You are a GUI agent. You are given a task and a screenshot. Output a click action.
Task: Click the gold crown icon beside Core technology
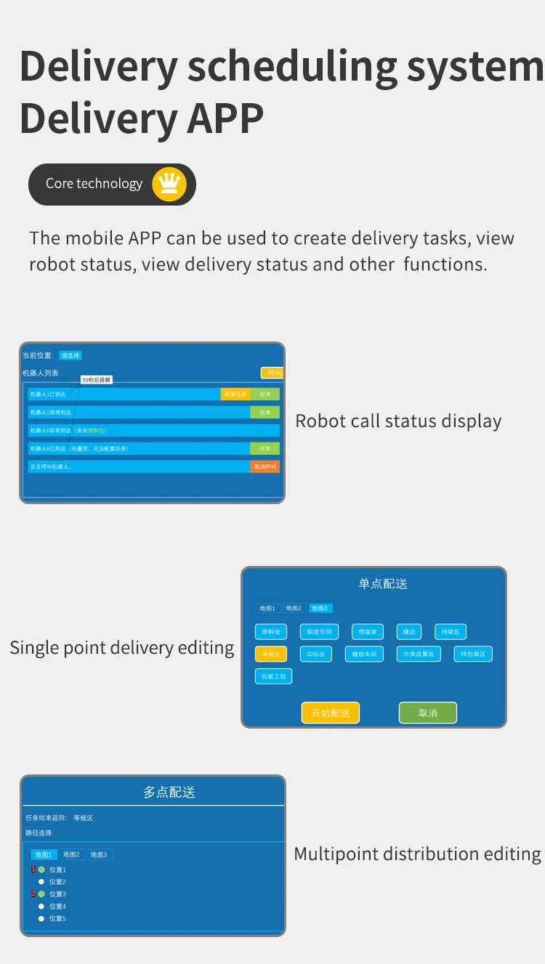(169, 184)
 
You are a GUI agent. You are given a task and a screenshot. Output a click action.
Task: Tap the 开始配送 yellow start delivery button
(331, 713)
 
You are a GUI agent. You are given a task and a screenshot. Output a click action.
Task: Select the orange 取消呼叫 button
(265, 466)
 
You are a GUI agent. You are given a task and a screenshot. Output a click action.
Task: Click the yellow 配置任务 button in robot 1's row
(235, 394)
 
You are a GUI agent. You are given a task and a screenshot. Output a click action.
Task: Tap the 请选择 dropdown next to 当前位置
(70, 355)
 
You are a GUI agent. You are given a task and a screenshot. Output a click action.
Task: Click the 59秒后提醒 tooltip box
(97, 380)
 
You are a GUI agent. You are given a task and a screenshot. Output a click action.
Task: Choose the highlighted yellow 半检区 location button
(271, 654)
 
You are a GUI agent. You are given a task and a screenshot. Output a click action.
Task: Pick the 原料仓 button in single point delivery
(271, 632)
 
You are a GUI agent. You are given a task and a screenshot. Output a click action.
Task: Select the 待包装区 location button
(473, 654)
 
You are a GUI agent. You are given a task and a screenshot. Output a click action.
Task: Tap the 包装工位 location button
(273, 676)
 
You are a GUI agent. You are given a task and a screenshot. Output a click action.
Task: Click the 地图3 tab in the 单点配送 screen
(320, 608)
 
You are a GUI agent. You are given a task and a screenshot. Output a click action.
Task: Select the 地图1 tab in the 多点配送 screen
(44, 855)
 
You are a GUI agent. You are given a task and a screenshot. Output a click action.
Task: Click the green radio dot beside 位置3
(41, 894)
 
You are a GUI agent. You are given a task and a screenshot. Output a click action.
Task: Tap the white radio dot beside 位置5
(41, 919)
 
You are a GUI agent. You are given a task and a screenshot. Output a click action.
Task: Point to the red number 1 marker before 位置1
(33, 870)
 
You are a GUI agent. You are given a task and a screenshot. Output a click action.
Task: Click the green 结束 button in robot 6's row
(265, 448)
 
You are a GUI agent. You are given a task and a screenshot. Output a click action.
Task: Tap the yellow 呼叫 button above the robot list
(272, 373)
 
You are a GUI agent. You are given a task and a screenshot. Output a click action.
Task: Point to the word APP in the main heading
(225, 118)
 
